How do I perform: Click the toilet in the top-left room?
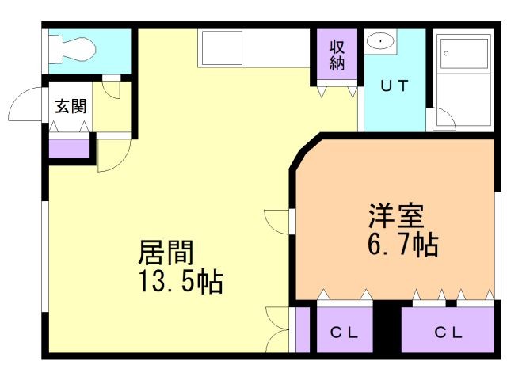coord(73,50)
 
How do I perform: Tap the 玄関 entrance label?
coord(71,107)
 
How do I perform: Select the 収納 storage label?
coord(337,55)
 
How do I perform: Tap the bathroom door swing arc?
coord(444,119)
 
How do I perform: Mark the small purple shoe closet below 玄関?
coord(70,148)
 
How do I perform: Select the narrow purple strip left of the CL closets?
coord(302,329)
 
